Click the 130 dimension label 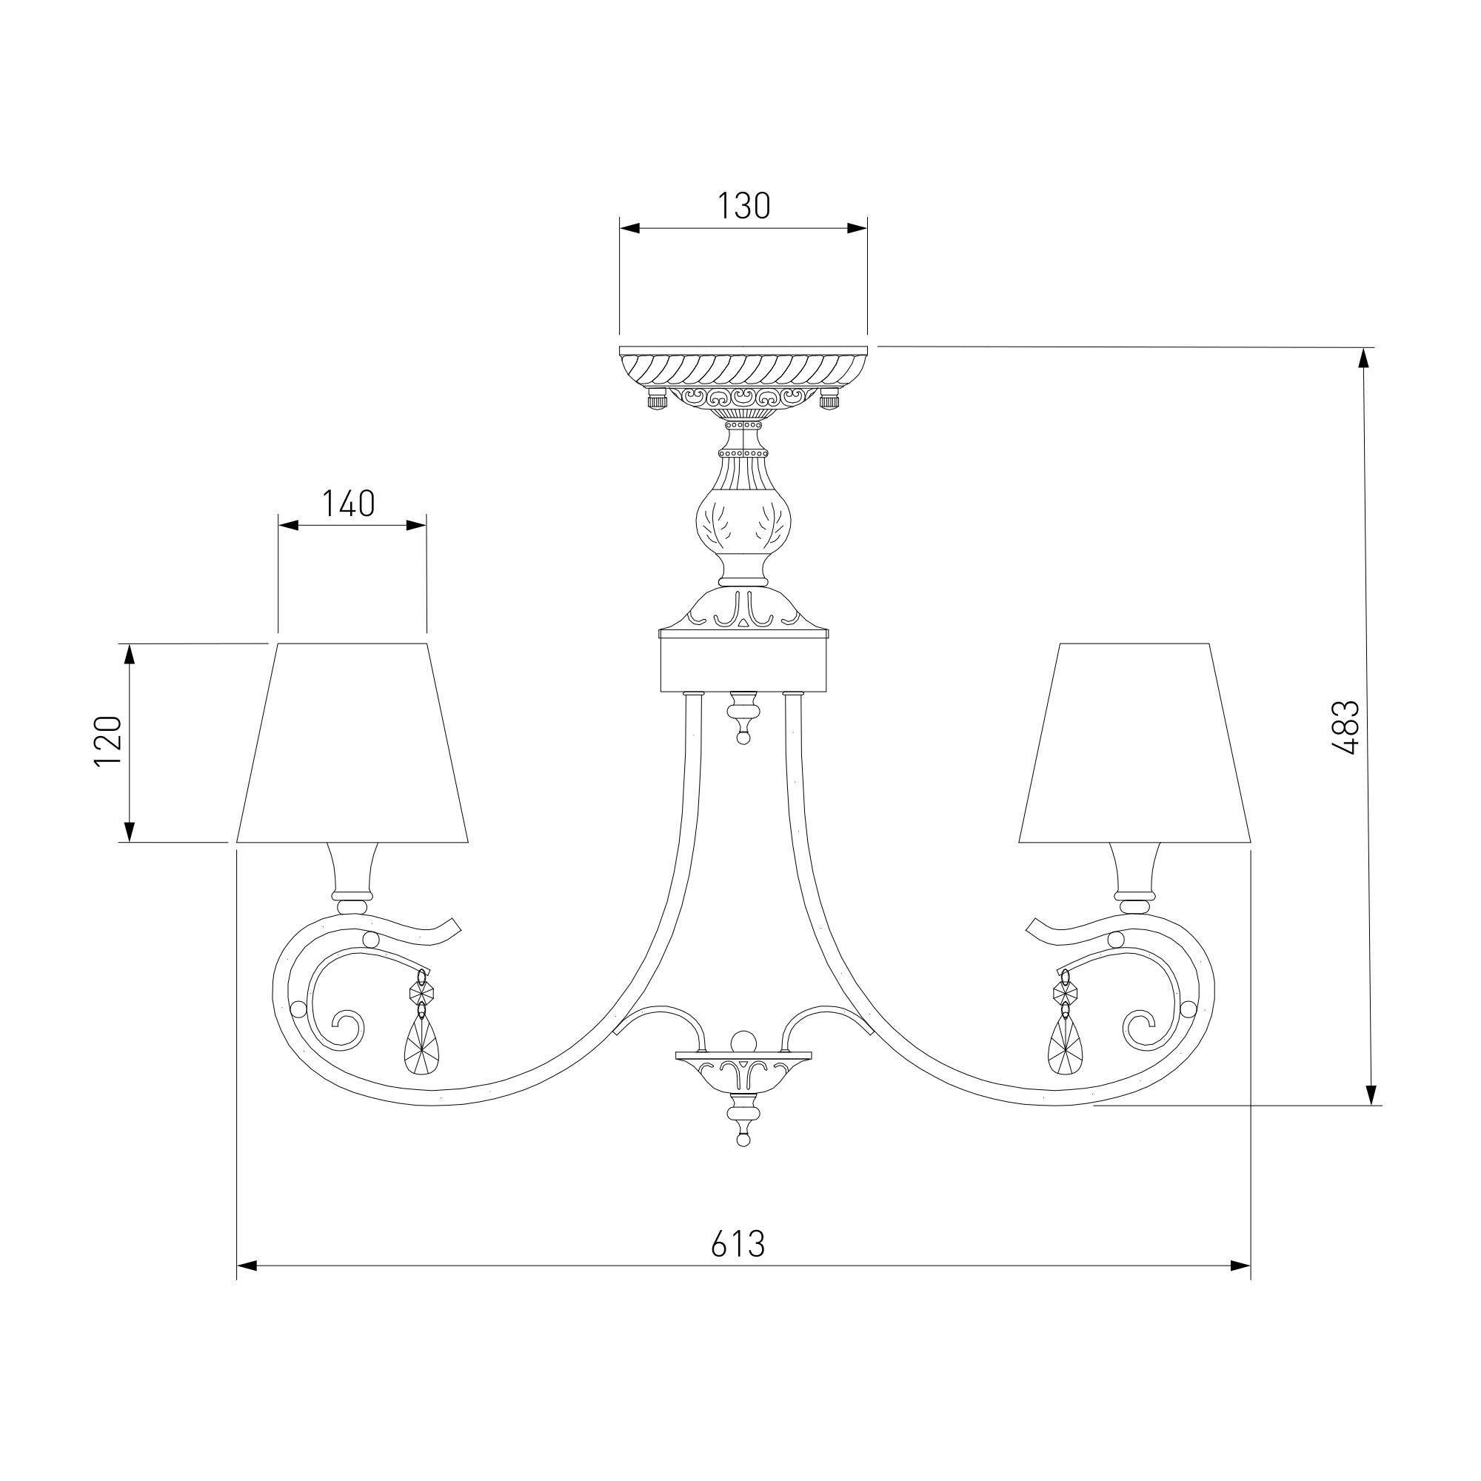743,206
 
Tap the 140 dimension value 348,504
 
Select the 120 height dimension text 108,740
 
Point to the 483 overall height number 1346,727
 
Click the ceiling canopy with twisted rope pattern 743,376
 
